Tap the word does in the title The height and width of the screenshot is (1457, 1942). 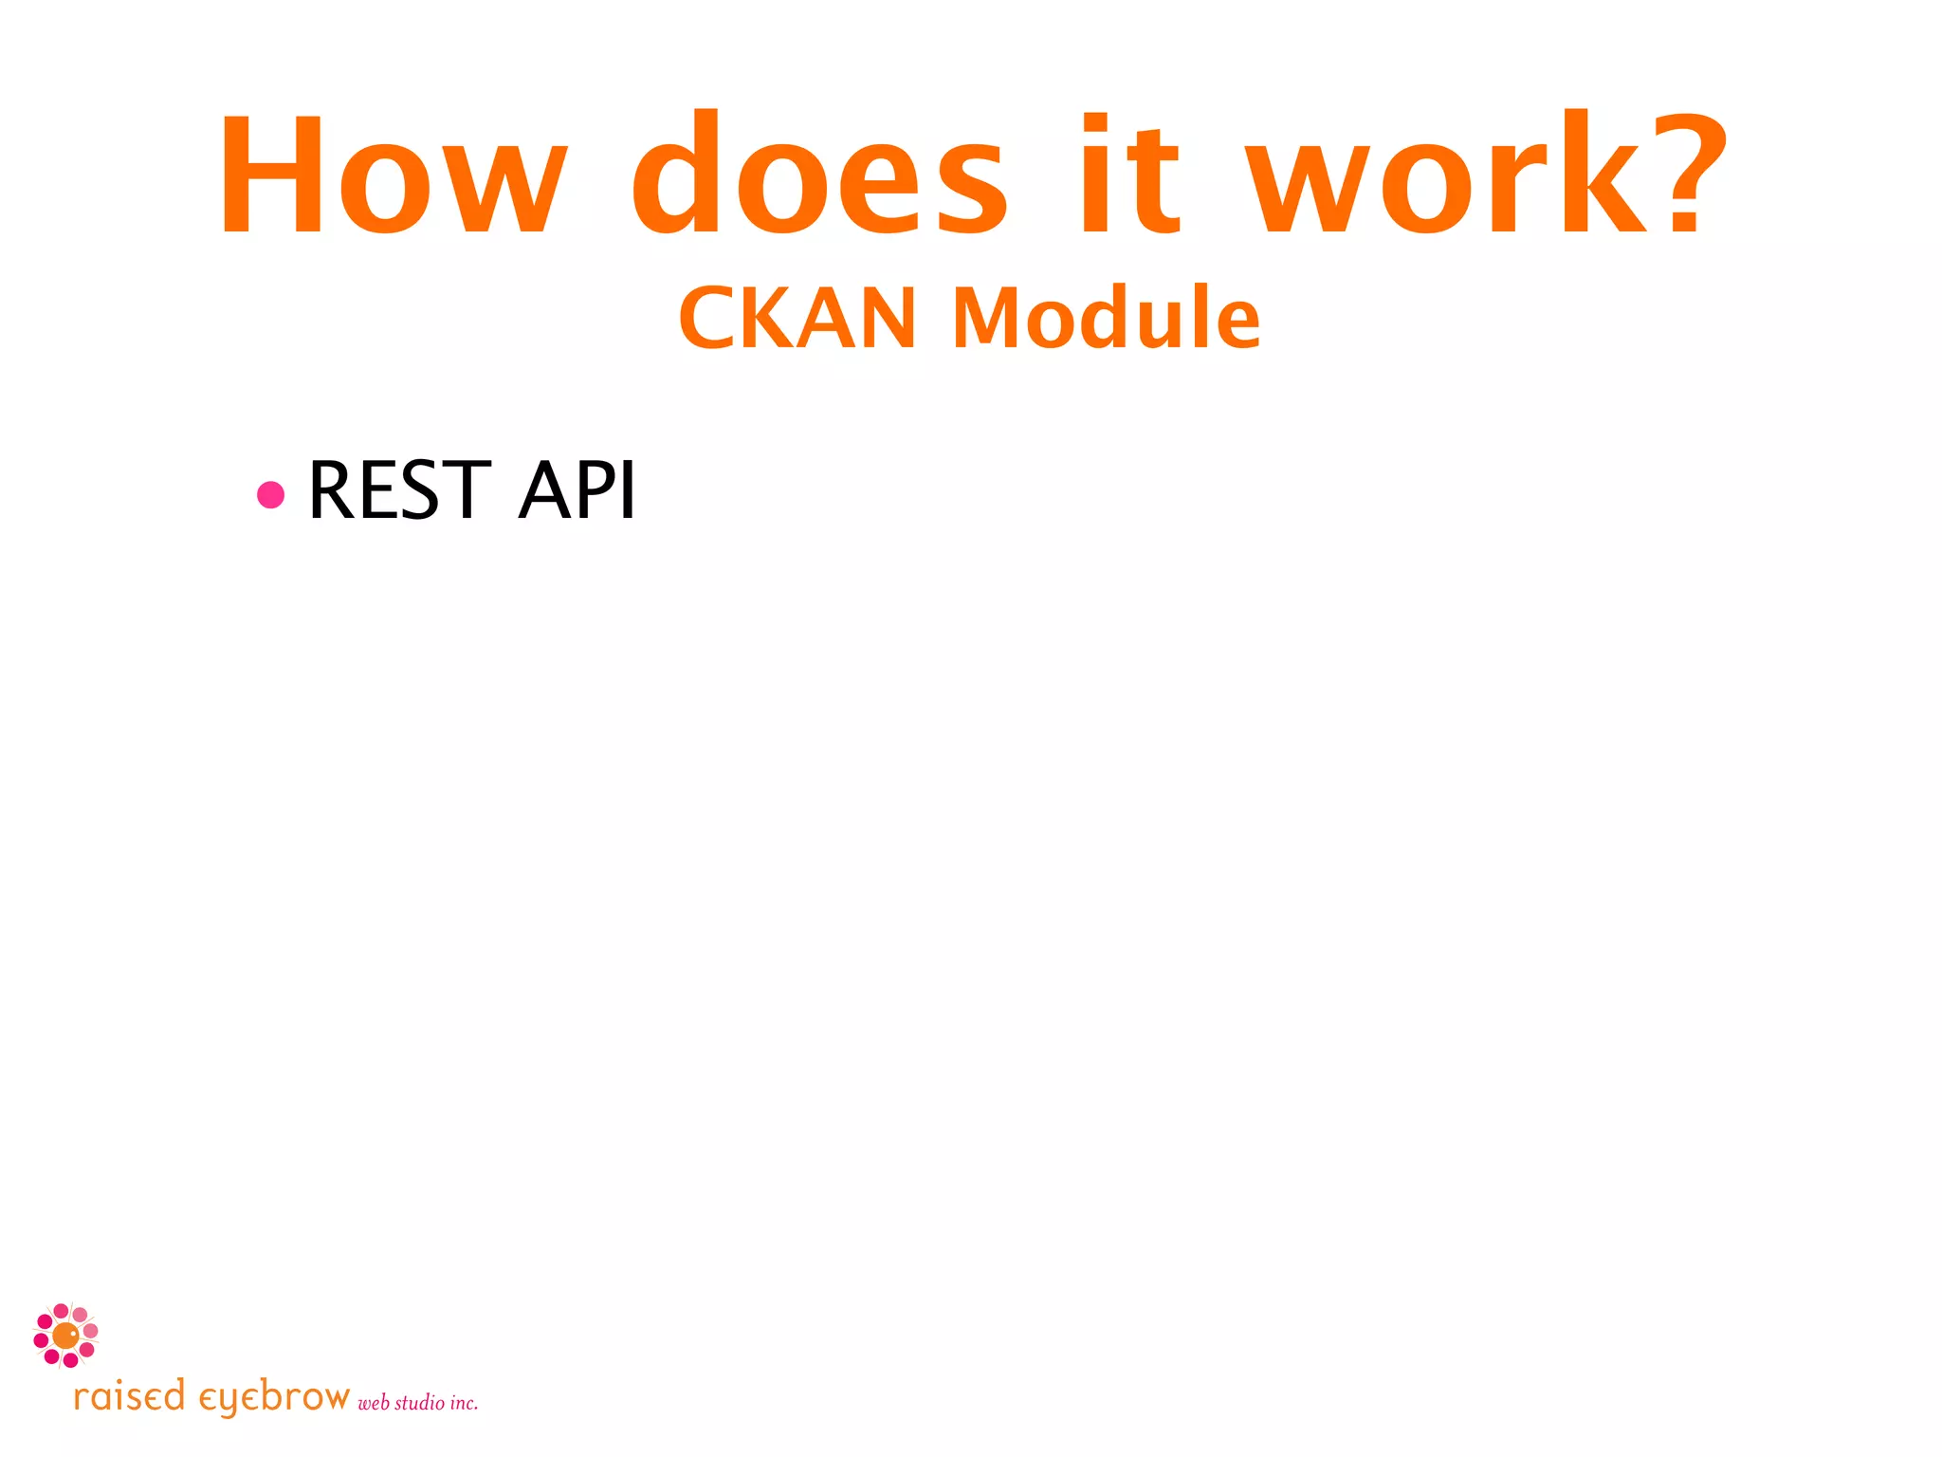(820, 175)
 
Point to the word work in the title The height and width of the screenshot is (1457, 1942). (1451, 175)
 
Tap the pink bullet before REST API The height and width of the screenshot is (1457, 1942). (271, 494)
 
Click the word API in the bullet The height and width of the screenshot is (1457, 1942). (577, 490)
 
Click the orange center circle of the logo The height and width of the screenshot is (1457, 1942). (65, 1336)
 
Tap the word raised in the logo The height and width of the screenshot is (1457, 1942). (129, 1397)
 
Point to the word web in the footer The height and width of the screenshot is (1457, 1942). (374, 1403)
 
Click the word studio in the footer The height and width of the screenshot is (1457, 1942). (419, 1402)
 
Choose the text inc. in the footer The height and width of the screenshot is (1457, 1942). (464, 1403)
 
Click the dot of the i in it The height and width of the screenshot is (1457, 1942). (1095, 124)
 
